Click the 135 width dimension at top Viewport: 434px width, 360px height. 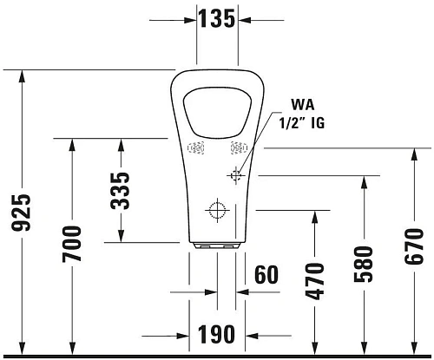coord(217,17)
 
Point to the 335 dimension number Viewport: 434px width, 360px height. coord(121,191)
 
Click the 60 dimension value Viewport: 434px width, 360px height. coord(266,275)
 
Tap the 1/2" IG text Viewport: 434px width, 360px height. coord(299,124)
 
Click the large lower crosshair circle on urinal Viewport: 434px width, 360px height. coord(216,209)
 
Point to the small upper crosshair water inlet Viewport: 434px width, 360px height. coord(234,175)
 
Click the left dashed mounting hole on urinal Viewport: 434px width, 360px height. coord(196,147)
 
